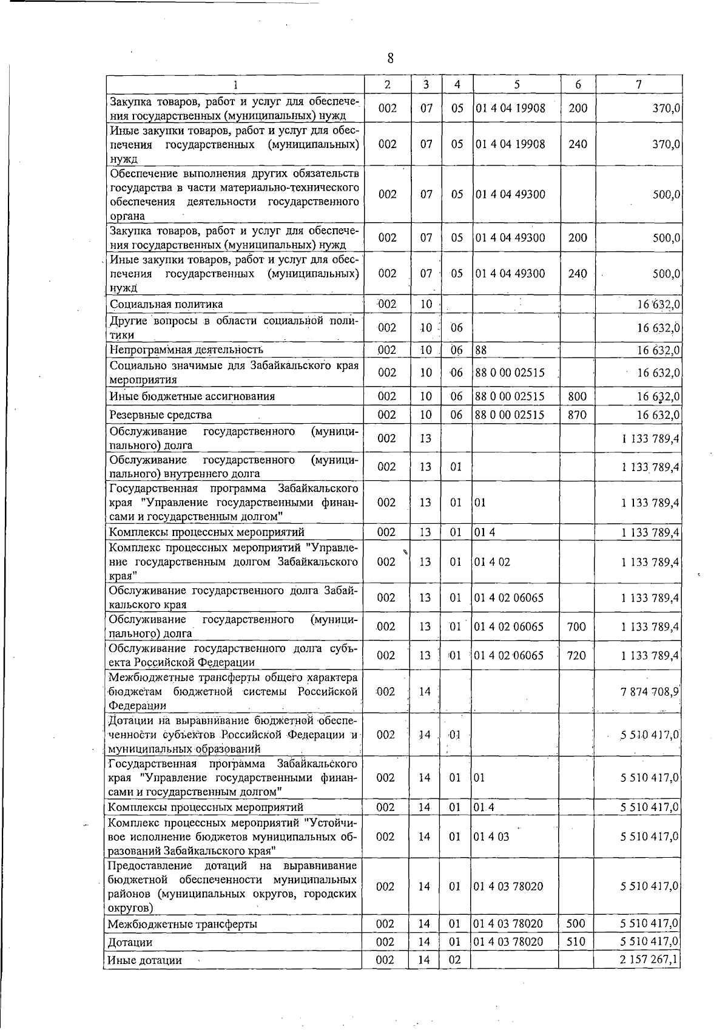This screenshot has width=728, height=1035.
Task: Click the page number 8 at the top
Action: (x=390, y=58)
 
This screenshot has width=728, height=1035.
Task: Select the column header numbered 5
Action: (x=516, y=85)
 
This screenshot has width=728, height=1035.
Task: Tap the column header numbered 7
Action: (x=638, y=85)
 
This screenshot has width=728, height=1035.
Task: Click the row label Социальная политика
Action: (x=166, y=304)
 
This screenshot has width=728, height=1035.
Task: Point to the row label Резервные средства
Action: (x=161, y=415)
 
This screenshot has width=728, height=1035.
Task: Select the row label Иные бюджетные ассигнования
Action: (x=192, y=396)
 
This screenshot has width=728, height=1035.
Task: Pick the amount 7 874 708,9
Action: (x=650, y=691)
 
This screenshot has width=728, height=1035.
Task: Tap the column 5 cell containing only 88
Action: (x=481, y=350)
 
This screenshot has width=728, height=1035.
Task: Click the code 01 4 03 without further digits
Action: (x=492, y=836)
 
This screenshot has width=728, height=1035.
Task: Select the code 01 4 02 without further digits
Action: (x=492, y=562)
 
